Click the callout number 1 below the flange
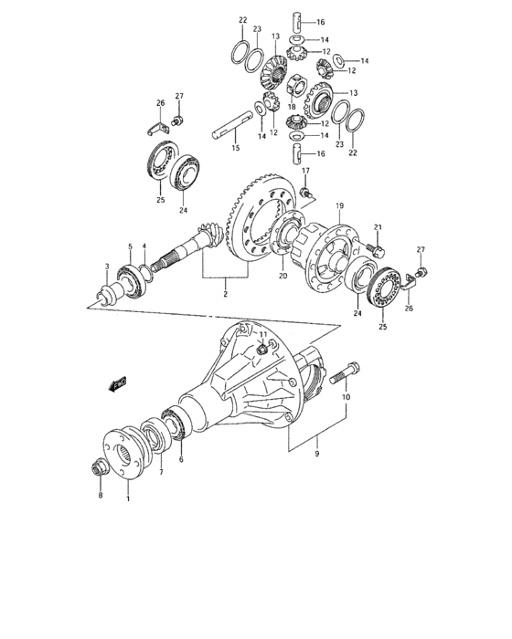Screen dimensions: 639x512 click(x=128, y=498)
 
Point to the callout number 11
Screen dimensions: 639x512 click(x=262, y=335)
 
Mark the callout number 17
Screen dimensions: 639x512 click(x=306, y=171)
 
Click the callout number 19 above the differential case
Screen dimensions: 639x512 click(x=337, y=207)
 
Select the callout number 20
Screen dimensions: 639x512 click(x=282, y=276)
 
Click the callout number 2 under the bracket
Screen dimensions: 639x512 click(x=222, y=295)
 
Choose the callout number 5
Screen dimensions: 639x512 click(x=130, y=246)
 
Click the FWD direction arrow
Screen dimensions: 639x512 click(x=116, y=385)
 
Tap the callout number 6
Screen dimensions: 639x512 click(x=180, y=459)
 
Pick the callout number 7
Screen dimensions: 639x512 click(x=161, y=473)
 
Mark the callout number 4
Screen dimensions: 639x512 click(x=144, y=246)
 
